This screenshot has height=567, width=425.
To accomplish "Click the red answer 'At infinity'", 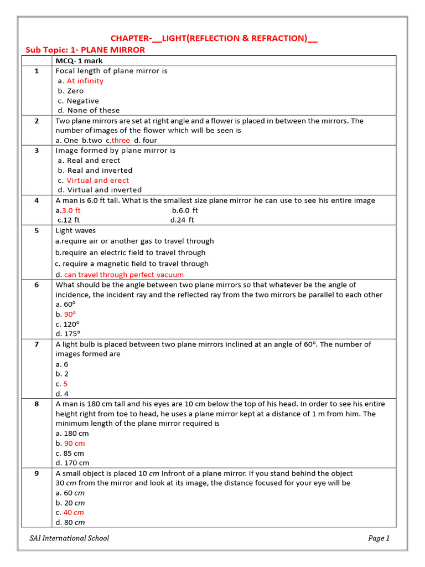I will click(85, 81).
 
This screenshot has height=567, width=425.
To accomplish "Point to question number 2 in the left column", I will click(37, 121).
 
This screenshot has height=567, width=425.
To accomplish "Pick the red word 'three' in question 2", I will click(120, 141).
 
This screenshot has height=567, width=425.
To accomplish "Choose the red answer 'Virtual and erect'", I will click(97, 181).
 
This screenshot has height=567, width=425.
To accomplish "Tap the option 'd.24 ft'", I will click(182, 220).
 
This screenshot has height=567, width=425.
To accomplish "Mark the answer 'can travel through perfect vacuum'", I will click(123, 275).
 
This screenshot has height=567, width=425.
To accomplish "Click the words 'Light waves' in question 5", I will click(76, 230).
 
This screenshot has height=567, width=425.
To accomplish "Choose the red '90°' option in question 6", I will click(70, 315).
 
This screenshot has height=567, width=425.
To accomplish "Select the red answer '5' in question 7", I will click(65, 384).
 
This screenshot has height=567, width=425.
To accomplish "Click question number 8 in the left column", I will click(37, 404).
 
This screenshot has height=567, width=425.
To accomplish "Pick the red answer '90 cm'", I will click(74, 444).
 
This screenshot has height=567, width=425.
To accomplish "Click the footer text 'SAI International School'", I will click(69, 538).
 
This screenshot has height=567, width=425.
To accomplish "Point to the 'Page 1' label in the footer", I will click(379, 538).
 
